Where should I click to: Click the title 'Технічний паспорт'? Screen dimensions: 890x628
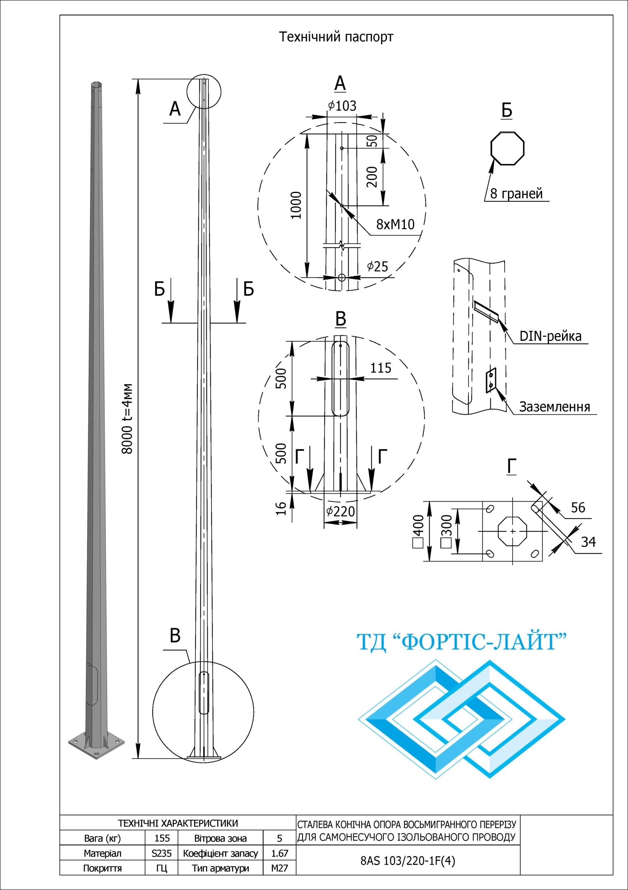coord(336,37)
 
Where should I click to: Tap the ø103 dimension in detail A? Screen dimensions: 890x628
coord(342,106)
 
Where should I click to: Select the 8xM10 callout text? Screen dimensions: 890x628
coord(395,224)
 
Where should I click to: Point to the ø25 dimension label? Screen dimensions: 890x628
coord(378,266)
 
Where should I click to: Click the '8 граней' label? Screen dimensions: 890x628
coord(516,193)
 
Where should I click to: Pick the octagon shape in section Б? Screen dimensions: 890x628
coord(507,149)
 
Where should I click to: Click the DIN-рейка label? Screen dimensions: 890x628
coord(550,336)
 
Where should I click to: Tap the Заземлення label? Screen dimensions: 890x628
coord(554,407)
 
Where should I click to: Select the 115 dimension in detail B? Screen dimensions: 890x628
coord(381,368)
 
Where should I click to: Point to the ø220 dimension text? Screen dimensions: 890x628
coord(340,512)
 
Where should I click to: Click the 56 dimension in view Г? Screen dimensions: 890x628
coord(578,508)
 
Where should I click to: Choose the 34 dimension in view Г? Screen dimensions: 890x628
coord(588,542)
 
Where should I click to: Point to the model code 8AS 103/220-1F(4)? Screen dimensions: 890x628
coord(408,861)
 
